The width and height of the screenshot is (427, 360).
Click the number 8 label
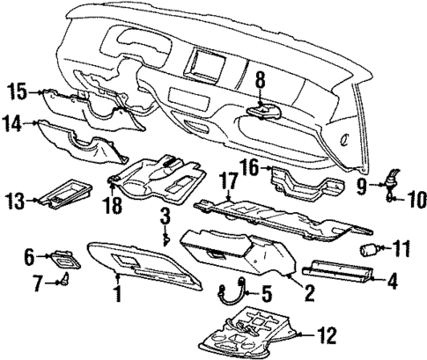pyautogui.click(x=260, y=82)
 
